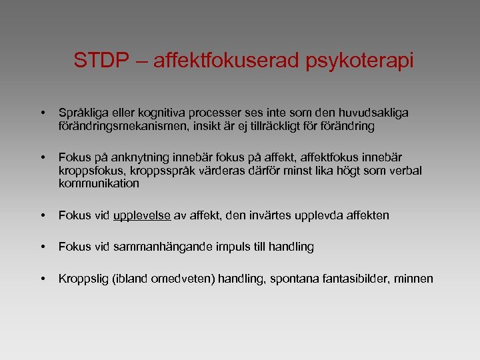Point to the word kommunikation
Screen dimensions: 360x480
[x=99, y=183]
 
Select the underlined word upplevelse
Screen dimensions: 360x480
[x=143, y=215]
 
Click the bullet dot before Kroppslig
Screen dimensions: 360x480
[x=42, y=278]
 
